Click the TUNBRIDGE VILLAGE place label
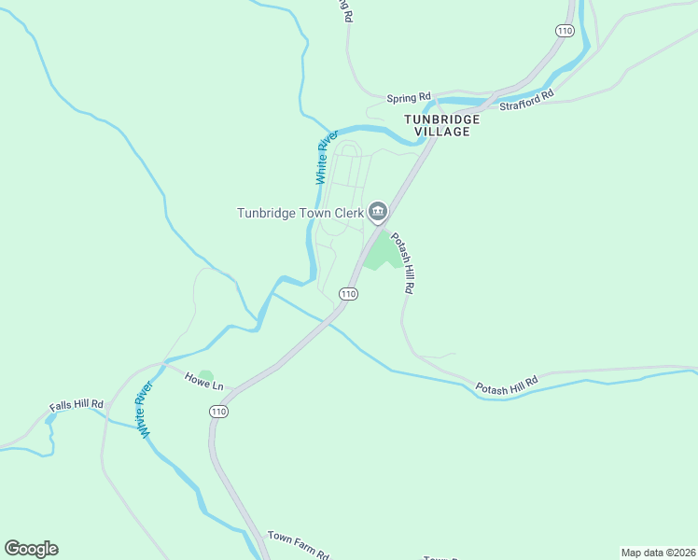tap(441, 126)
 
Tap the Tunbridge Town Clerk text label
tap(299, 213)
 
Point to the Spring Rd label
tap(410, 96)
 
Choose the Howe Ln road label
tap(204, 381)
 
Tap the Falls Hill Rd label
tap(77, 407)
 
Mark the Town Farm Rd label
tap(298, 543)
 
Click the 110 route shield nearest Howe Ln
tap(218, 411)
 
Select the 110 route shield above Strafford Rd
tap(564, 31)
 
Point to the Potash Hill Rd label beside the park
tap(401, 263)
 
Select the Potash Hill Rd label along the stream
tap(507, 385)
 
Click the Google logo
tap(31, 549)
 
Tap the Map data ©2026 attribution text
tap(658, 552)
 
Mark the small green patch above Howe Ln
tap(205, 375)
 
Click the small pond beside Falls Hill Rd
tap(49, 420)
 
